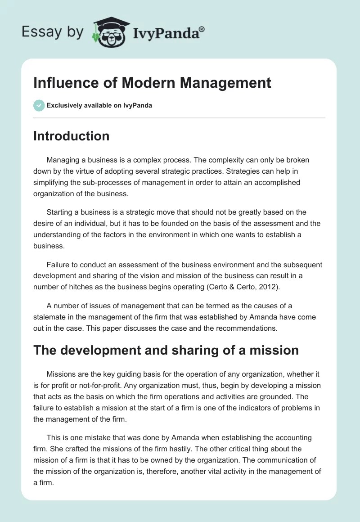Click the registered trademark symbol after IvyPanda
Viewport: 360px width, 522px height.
point(202,29)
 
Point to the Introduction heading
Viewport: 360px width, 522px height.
point(71,136)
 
